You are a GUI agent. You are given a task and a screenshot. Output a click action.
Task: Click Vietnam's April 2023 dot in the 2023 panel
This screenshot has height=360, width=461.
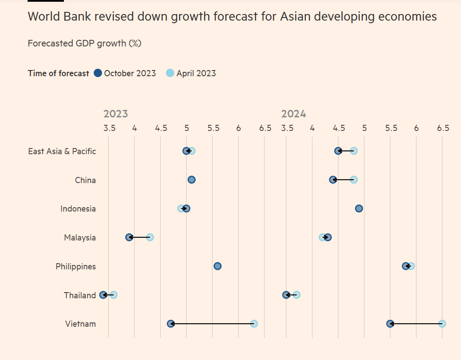[254, 324]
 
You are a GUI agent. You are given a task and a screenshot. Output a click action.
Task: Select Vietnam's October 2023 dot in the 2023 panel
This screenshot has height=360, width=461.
[171, 324]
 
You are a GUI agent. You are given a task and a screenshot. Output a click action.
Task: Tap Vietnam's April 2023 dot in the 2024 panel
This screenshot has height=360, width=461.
[442, 324]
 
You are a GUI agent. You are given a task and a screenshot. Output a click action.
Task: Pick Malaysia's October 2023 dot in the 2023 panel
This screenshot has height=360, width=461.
[129, 237]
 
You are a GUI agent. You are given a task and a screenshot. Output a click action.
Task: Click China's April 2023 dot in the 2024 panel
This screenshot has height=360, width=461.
[354, 180]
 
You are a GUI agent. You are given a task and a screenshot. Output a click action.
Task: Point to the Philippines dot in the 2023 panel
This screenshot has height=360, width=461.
[217, 266]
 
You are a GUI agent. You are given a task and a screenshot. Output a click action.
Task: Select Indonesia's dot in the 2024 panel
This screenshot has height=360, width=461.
[359, 208]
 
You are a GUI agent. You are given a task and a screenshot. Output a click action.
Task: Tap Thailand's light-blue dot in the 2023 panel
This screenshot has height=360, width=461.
[114, 295]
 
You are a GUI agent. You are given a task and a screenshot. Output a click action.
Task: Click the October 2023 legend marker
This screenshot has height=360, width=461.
[98, 73]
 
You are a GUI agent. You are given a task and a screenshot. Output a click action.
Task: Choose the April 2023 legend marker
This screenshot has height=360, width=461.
[170, 73]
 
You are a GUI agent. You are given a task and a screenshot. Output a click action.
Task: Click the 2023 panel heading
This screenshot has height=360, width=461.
[116, 114]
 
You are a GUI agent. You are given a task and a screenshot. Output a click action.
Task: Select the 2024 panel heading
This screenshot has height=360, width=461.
[293, 114]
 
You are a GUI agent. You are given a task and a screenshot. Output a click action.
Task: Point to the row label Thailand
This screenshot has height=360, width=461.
[80, 295]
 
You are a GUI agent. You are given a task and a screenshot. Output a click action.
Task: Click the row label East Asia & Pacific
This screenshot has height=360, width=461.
[62, 151]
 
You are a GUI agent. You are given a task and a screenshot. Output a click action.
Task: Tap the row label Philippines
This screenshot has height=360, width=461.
[76, 266]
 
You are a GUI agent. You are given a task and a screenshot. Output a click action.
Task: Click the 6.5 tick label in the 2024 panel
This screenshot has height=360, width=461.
[443, 128]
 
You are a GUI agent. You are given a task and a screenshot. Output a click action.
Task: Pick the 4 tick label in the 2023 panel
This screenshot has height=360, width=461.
[134, 128]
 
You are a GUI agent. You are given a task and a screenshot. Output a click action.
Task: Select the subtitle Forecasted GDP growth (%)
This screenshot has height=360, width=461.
[84, 43]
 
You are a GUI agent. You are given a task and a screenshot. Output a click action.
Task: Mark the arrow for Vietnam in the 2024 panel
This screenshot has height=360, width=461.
[416, 324]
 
